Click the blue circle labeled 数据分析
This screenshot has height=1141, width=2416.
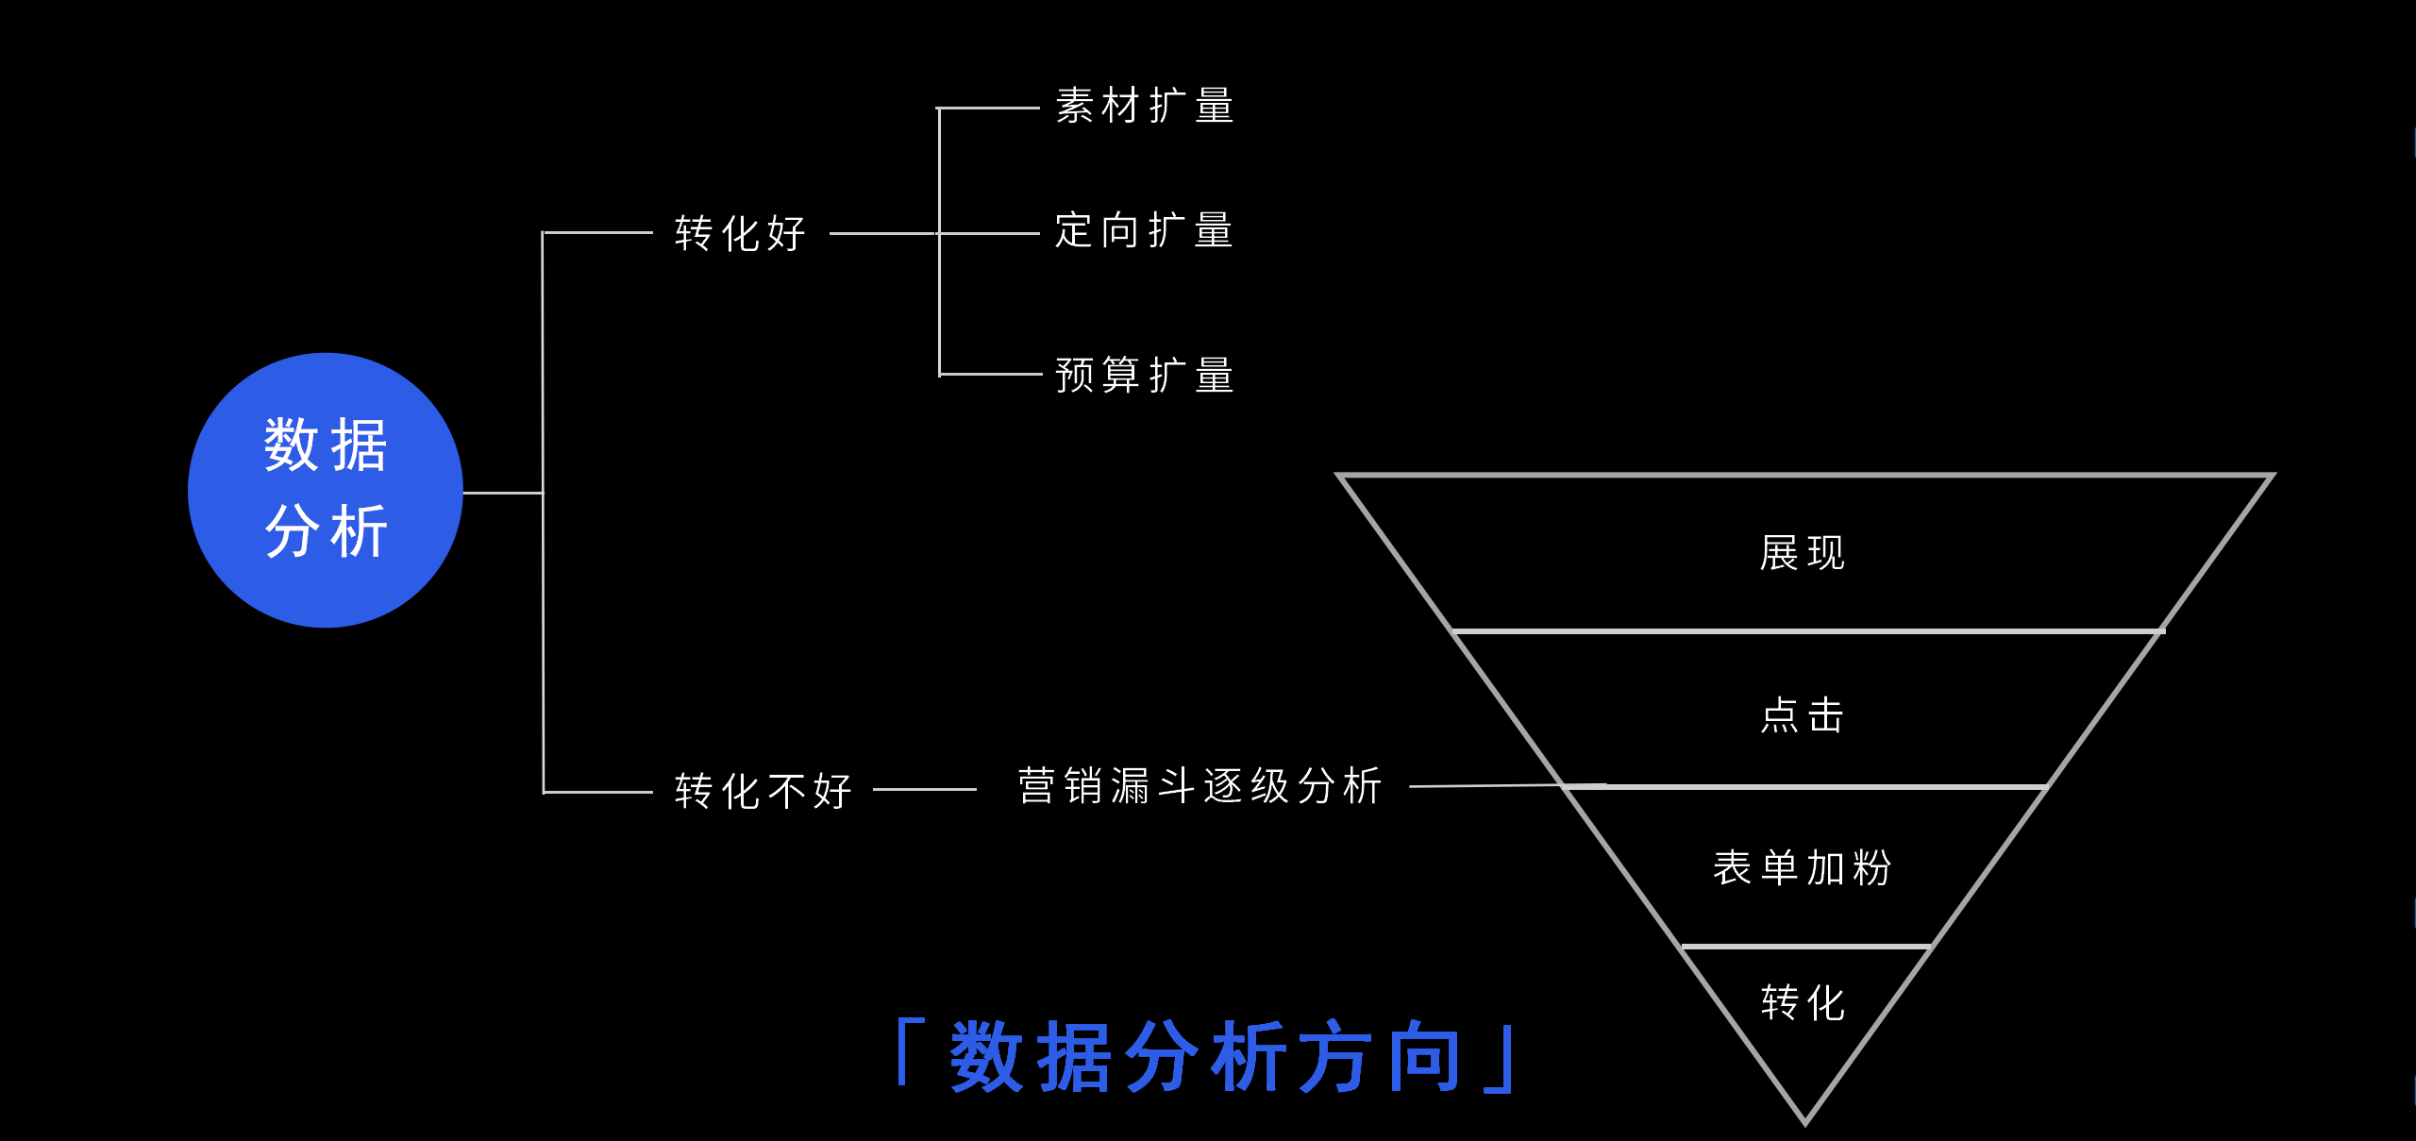[x=326, y=490]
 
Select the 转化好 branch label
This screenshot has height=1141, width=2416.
[x=740, y=233]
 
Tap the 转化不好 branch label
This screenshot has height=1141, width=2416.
[x=763, y=791]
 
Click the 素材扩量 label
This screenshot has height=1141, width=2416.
[x=1145, y=106]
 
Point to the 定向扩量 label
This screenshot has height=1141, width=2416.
[x=1145, y=230]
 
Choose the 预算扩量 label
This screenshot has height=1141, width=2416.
[x=1145, y=375]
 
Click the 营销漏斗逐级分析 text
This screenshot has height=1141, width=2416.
[x=1200, y=785]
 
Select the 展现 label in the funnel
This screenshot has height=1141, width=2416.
[x=1803, y=553]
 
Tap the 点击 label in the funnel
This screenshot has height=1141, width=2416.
[x=1803, y=715]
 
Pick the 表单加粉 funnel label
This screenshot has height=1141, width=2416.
[x=1803, y=867]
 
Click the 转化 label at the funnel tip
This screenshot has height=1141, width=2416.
[x=1803, y=1002]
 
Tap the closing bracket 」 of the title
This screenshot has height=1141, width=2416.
[x=1501, y=1061]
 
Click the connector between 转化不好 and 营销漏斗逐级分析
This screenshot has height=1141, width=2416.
[x=925, y=790]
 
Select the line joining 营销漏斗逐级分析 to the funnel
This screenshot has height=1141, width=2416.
[x=1508, y=785]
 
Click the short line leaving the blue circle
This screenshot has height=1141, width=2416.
[x=503, y=493]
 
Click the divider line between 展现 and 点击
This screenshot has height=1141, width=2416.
[x=1808, y=630]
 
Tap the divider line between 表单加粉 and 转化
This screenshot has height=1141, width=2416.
[x=1806, y=946]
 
